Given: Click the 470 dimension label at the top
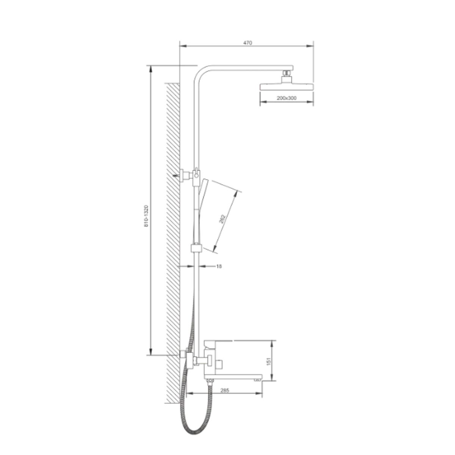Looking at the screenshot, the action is click(x=248, y=43).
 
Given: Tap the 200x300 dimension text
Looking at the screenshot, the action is click(x=286, y=98).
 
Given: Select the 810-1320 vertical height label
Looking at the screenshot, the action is click(x=146, y=216).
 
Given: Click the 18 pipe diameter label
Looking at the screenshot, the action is click(x=219, y=266).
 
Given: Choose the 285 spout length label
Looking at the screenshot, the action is click(x=224, y=390).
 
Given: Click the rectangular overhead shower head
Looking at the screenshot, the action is click(x=287, y=86).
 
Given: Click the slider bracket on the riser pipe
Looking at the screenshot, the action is click(x=196, y=248).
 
